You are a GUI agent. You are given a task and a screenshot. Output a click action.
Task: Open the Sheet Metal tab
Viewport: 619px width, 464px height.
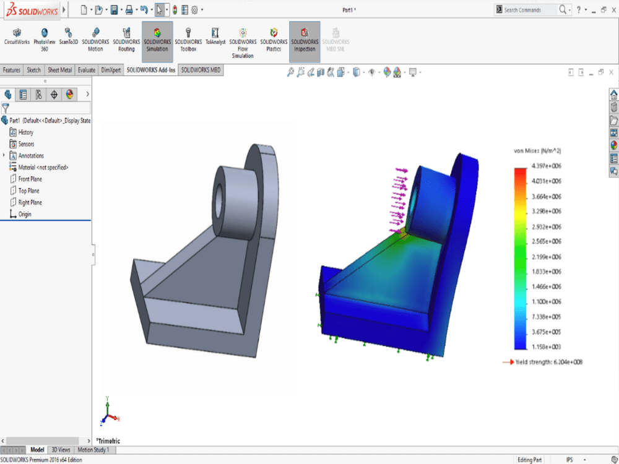pyautogui.click(x=59, y=70)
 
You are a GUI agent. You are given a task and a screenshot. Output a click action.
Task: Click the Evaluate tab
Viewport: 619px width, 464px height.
pyautogui.click(x=87, y=70)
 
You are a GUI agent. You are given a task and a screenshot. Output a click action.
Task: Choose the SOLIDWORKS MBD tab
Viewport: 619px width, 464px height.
pyautogui.click(x=201, y=70)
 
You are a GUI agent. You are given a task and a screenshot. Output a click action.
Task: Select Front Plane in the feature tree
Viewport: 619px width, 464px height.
pyautogui.click(x=30, y=179)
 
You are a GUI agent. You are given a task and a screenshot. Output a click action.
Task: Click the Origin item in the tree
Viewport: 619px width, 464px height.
pyautogui.click(x=24, y=214)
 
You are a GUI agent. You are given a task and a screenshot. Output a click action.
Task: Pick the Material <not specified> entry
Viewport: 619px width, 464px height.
pyautogui.click(x=43, y=168)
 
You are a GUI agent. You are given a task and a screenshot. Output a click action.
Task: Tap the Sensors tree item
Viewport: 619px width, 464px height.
pyautogui.click(x=26, y=144)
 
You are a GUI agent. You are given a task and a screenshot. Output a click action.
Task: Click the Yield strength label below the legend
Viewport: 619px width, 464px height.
pyautogui.click(x=548, y=362)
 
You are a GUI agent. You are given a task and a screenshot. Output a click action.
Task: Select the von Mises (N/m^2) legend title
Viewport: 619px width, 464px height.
pyautogui.click(x=538, y=151)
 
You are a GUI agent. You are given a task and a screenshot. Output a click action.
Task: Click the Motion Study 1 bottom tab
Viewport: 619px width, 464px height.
pyautogui.click(x=93, y=450)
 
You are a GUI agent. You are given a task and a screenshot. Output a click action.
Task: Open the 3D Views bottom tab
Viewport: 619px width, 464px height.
pyautogui.click(x=61, y=450)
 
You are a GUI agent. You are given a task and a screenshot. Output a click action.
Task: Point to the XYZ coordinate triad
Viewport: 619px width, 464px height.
pyautogui.click(x=108, y=413)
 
